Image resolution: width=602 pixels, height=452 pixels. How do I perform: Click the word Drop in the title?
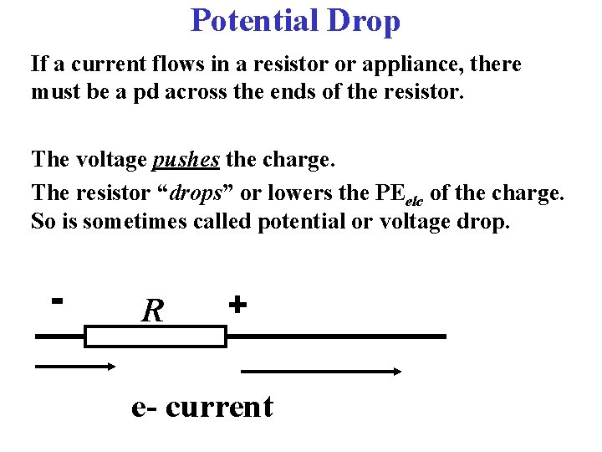coord(365,20)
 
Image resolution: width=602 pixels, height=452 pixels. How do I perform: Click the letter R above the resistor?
coord(152,311)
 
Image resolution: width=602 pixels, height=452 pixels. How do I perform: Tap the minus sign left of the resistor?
coord(57,298)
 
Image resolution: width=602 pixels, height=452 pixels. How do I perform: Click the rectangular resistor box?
coord(156,336)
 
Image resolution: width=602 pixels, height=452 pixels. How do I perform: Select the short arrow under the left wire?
coord(74,366)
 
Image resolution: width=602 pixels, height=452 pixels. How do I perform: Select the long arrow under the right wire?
coord(322,371)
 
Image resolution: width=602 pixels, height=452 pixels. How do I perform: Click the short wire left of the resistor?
coord(59,336)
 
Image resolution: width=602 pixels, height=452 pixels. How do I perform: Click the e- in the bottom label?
coord(145,406)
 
